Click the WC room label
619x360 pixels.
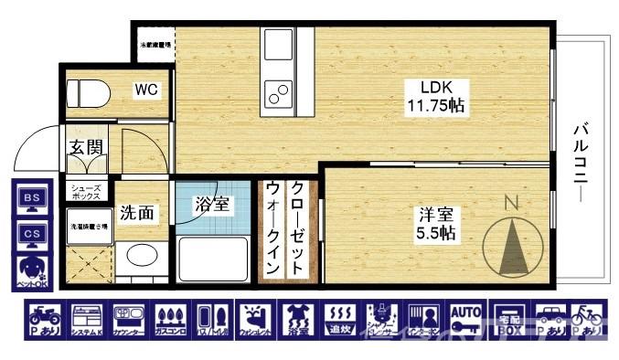pos(147,90)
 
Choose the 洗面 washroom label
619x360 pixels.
pos(139,213)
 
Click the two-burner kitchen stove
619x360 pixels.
pos(276,92)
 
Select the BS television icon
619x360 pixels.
pos(31,200)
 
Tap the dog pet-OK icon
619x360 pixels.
pos(31,270)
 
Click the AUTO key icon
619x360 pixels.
pos(465,319)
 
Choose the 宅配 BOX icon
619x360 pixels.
pos(507,319)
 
